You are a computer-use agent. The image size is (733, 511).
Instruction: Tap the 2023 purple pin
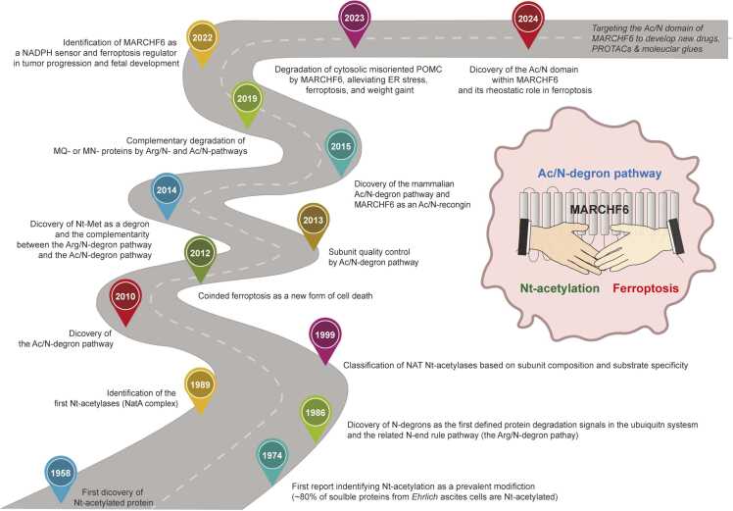click(353, 16)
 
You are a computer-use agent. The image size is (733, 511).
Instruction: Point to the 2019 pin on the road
click(246, 99)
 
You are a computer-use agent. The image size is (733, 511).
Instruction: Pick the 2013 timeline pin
click(313, 222)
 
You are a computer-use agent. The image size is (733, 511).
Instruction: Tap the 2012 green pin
click(199, 253)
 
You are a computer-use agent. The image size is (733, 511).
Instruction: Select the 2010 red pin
click(126, 296)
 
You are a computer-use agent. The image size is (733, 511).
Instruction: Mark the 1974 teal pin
click(271, 453)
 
